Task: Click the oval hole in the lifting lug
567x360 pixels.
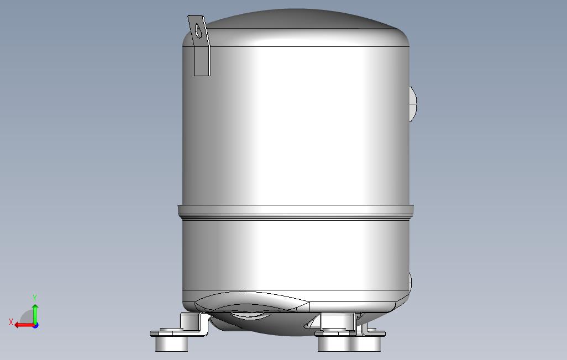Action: [x=198, y=31]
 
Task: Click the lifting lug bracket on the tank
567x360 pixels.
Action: [x=200, y=45]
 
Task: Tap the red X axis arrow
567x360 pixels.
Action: [x=24, y=325]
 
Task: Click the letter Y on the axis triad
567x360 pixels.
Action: [x=35, y=298]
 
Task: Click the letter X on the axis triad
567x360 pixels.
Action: [x=11, y=322]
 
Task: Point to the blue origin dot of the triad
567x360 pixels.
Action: [x=35, y=325]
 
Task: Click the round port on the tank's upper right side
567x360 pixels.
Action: [x=413, y=104]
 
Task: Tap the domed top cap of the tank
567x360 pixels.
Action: [x=296, y=27]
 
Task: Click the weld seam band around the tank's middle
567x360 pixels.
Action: [x=296, y=212]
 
